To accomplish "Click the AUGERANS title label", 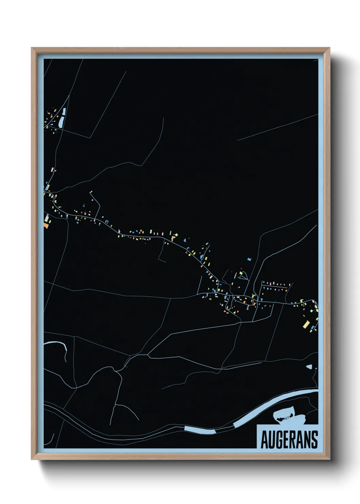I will (289, 440).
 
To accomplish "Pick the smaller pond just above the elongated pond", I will (64, 111).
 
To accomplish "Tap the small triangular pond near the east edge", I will (309, 367).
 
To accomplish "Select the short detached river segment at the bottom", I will (200, 430).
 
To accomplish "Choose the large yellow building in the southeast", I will (306, 324).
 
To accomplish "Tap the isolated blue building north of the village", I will (249, 259).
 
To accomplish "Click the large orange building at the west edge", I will (46, 225).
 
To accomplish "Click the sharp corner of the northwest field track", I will (90, 138).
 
